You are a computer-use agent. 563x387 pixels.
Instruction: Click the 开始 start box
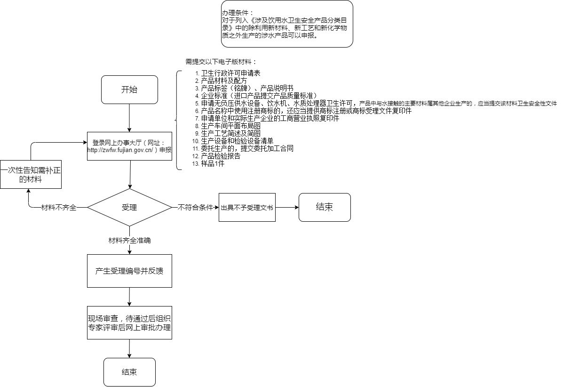129,90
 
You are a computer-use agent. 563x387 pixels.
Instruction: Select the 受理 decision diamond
129,207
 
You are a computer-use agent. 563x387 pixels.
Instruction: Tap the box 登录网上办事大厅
129,146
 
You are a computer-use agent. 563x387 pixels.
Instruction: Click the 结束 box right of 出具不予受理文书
325,207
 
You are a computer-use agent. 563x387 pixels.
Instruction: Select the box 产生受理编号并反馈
129,271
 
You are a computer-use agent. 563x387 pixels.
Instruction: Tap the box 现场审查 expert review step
129,322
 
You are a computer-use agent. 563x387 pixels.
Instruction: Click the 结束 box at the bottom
129,372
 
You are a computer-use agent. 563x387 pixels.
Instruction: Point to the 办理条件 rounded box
287,24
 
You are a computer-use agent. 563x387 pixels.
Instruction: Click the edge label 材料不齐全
59,208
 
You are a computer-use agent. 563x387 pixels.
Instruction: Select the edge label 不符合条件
195,208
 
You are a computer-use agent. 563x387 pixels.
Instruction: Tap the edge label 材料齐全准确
129,240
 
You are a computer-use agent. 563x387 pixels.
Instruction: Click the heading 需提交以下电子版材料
221,62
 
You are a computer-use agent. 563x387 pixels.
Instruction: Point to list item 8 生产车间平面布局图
230,126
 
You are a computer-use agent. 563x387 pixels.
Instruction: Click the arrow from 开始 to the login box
129,118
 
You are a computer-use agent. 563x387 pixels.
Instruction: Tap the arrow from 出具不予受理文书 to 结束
287,207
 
